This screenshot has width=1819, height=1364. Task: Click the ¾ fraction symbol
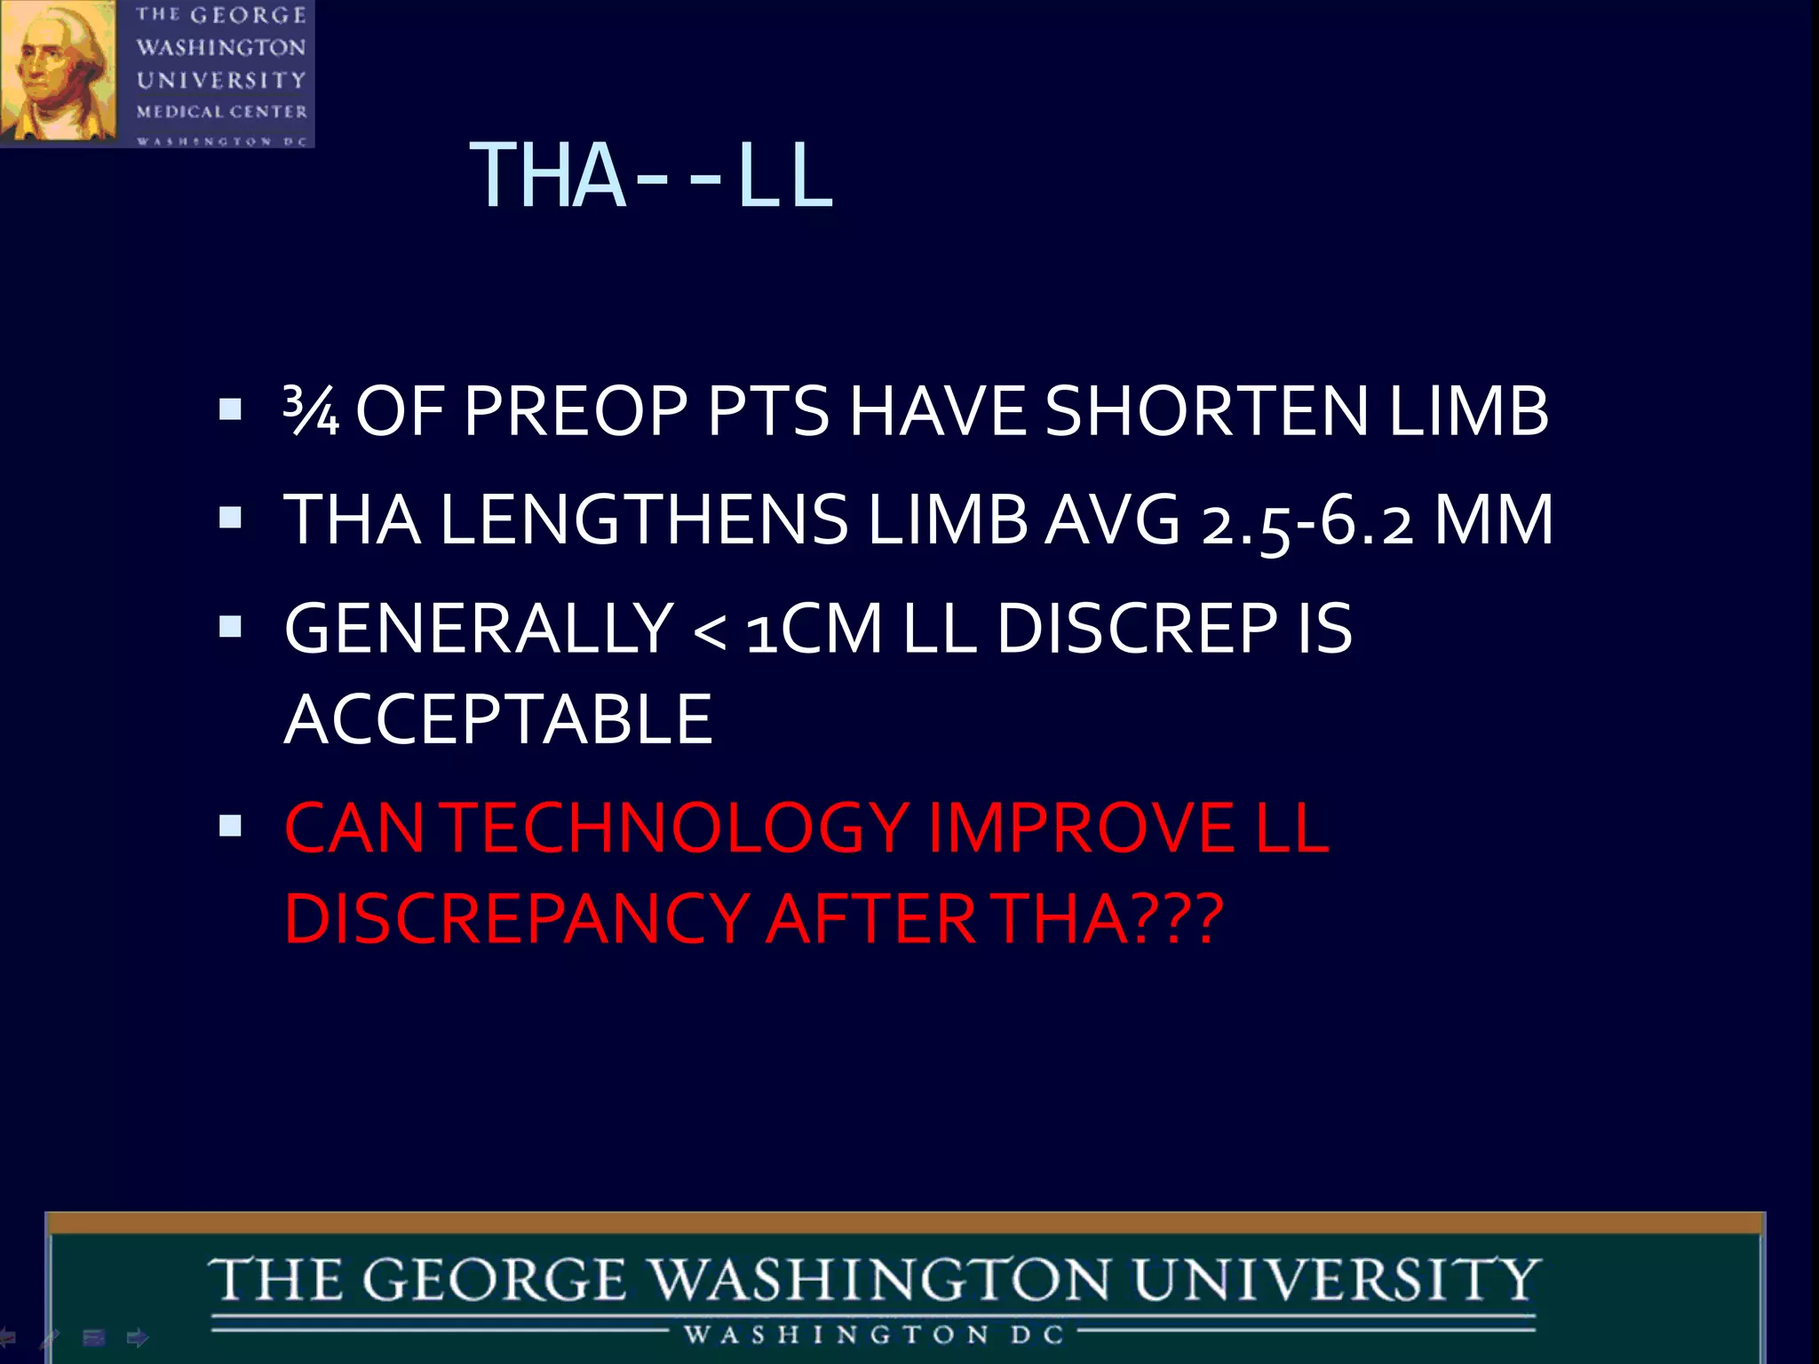[311, 410]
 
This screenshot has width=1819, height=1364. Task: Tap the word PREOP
[576, 411]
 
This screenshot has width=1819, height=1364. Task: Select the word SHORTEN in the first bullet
[1206, 411]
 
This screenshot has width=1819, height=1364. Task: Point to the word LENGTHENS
[644, 520]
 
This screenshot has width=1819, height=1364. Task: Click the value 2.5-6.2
[1307, 522]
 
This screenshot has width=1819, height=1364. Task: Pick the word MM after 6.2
[1494, 520]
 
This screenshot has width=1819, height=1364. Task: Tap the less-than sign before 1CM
[709, 632]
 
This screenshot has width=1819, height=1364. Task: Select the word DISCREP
[1137, 629]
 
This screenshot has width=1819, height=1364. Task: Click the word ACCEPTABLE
[498, 719]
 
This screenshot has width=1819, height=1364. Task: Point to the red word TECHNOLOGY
[677, 828]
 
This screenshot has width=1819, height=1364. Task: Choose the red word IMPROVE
[1080, 828]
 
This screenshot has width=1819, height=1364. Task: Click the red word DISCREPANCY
[516, 918]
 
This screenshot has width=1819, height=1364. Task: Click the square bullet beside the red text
[230, 827]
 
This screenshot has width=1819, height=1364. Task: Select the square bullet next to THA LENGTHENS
[230, 518]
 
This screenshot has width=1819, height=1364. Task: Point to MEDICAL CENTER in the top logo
[222, 112]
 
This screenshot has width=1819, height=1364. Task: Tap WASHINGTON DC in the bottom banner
[874, 1335]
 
